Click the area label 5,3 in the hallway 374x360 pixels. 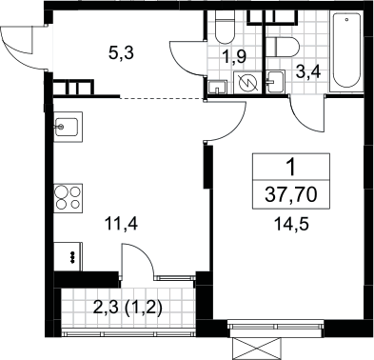click(121, 53)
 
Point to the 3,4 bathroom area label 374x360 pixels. click(308, 72)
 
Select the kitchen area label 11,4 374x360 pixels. click(122, 224)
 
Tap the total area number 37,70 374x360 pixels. click(291, 195)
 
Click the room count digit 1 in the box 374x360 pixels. click(291, 168)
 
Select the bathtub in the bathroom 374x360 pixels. click(346, 51)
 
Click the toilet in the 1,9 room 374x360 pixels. click(225, 27)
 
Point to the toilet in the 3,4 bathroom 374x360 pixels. click(282, 48)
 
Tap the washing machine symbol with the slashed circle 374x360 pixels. click(247, 83)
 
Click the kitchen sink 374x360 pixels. click(69, 127)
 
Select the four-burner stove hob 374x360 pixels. click(69, 198)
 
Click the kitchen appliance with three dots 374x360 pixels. click(69, 256)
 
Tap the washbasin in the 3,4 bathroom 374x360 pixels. click(275, 82)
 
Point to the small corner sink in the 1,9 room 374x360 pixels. click(217, 88)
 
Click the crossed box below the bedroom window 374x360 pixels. click(256, 349)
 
